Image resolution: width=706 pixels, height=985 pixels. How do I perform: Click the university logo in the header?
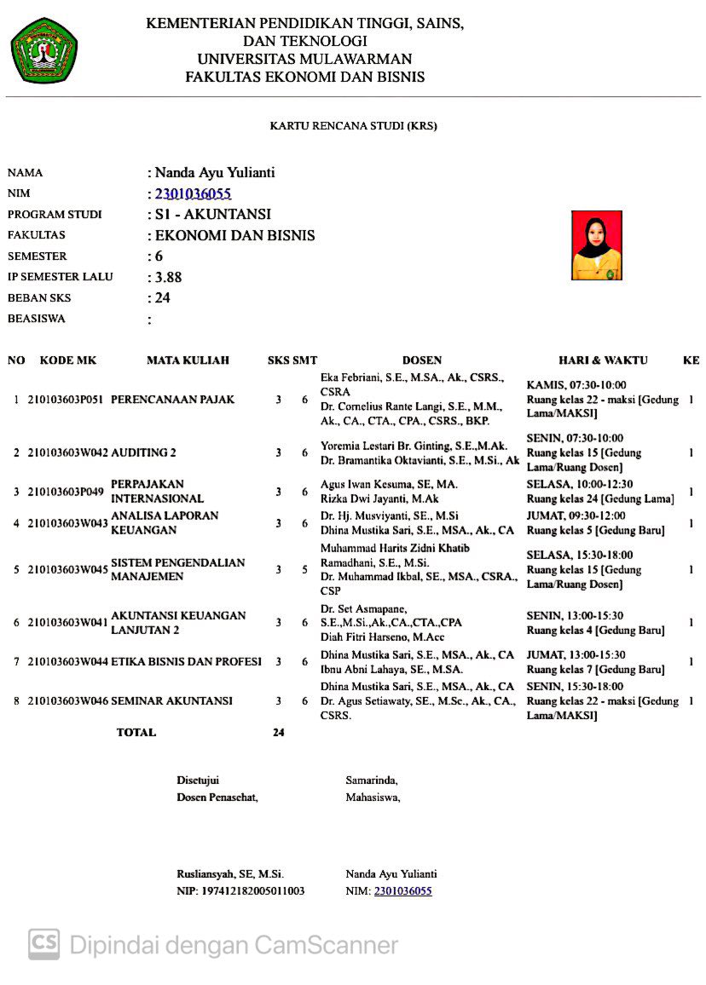coord(44,50)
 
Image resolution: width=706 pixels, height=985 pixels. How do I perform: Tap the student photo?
coord(596,245)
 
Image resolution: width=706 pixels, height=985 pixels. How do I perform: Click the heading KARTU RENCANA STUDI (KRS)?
coord(353,125)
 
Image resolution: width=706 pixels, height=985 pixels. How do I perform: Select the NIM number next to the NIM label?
coord(193,193)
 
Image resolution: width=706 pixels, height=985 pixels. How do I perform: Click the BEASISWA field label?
coord(36,319)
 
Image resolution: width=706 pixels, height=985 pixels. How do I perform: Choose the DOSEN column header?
coord(421,360)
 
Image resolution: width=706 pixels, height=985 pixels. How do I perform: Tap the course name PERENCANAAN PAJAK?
coord(172,399)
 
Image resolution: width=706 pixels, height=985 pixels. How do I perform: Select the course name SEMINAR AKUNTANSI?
coord(171,701)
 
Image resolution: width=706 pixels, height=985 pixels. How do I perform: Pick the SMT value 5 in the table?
coord(304,569)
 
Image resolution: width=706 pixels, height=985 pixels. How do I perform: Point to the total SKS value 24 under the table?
coord(278,732)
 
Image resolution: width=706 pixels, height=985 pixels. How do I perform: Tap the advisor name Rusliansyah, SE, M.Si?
coord(229,873)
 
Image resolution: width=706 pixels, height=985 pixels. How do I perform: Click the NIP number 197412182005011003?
coord(240,891)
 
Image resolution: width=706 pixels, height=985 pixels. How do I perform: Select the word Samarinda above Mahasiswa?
coord(371,780)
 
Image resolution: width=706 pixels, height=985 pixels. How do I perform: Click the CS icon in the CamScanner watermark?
coord(44,944)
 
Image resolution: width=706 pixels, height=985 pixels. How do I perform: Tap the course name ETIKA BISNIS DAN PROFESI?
coord(186,661)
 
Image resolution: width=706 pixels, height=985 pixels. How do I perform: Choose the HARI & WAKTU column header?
coord(603,360)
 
